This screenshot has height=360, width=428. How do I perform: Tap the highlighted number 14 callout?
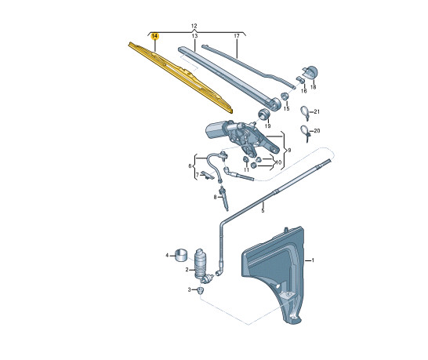(x=154, y=37)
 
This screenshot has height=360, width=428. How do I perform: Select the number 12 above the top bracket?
(x=194, y=27)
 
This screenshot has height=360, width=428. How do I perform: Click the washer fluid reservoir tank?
(x=274, y=267)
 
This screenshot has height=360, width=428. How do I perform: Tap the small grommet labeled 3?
(x=201, y=290)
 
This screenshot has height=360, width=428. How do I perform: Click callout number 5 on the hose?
(x=263, y=210)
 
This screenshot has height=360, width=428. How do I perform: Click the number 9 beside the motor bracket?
(x=288, y=150)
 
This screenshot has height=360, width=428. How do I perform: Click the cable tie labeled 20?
(x=304, y=133)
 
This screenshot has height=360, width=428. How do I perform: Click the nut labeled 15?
(x=283, y=96)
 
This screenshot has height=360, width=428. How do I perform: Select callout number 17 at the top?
(x=236, y=37)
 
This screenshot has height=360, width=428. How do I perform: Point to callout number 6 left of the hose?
(x=190, y=165)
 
